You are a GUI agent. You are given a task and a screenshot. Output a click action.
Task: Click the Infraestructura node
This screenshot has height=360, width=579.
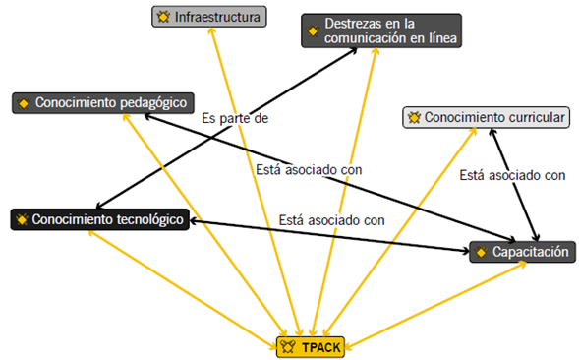click(210, 17)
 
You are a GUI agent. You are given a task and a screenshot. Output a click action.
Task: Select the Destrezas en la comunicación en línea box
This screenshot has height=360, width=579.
click(379, 30)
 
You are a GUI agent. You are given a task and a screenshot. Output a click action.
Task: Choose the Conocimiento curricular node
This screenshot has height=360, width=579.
click(487, 118)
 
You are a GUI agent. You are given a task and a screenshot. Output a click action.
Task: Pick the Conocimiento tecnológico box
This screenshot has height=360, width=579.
click(99, 219)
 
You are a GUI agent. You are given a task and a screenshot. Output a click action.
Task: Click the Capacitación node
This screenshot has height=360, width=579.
click(521, 252)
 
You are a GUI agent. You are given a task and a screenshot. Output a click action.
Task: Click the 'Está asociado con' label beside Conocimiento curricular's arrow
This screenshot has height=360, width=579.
click(512, 176)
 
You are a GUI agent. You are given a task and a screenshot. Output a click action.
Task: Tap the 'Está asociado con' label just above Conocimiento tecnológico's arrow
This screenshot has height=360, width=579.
click(330, 219)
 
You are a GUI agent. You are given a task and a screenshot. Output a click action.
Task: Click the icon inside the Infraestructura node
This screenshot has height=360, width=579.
click(163, 17)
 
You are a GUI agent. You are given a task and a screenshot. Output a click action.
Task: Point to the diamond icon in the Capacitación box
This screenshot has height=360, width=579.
click(481, 253)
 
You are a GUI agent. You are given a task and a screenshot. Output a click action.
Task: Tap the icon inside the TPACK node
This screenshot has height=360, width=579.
click(288, 345)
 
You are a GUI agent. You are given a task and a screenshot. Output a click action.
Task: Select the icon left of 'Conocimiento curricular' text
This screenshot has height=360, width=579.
click(415, 118)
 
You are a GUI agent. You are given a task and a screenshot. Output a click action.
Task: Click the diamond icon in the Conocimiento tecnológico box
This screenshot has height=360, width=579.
click(22, 219)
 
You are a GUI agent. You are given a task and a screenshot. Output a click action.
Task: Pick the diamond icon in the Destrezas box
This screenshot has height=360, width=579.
click(313, 30)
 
